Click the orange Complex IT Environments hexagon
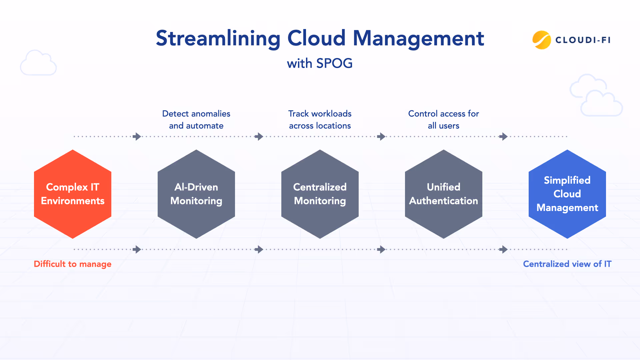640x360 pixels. (73, 194)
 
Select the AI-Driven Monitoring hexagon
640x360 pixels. (196, 194)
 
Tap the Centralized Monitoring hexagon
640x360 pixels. (320, 194)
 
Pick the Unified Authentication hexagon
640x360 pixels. (444, 194)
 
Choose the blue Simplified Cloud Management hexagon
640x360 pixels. (567, 194)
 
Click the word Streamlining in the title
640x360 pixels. (218, 39)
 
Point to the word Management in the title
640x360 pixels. (418, 39)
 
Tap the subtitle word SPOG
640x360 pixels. (334, 63)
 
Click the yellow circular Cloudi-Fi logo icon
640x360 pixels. (541, 40)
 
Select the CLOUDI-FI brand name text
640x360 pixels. (583, 40)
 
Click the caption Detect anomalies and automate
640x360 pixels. (196, 120)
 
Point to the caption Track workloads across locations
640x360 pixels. (320, 120)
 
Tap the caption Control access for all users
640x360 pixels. (444, 120)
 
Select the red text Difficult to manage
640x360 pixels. (73, 264)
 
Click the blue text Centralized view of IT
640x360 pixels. (567, 264)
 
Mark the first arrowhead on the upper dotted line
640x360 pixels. (137, 136)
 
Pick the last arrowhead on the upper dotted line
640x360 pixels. (504, 136)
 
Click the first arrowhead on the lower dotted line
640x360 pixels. (137, 249)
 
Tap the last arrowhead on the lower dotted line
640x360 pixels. (504, 249)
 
